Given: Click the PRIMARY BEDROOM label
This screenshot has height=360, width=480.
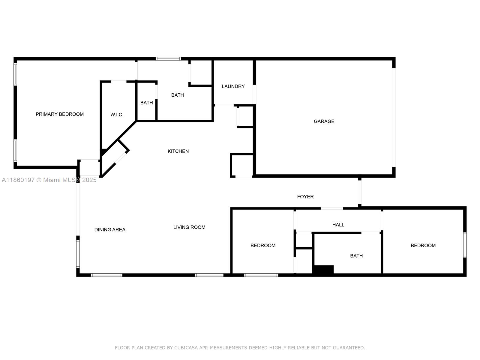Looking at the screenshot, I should point(60,114).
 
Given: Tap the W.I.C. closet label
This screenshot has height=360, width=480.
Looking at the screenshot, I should point(117,115).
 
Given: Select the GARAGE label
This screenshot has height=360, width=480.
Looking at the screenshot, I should point(324,121).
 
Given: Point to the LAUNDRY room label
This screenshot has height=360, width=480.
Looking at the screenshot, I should point(233,86).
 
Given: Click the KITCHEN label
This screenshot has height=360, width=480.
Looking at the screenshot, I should point(178,151).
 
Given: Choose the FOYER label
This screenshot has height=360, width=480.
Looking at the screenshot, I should point(305,197).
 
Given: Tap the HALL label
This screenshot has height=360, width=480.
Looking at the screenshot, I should point(338,225).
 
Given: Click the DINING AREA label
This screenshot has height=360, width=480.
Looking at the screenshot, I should point(110,230).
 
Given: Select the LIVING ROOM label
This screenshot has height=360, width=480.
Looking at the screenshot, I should point(189,227).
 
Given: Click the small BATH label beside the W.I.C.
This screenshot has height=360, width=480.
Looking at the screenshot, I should point(147,103).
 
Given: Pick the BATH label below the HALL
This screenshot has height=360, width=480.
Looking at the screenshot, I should point(356,256).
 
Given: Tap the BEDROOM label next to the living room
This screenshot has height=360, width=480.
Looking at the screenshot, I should point(263,246).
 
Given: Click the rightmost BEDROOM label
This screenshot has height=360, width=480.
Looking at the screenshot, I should point(423,246).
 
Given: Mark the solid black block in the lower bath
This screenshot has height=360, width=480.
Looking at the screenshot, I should point(323,269).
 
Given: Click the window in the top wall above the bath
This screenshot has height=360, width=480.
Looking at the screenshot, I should point(168,59).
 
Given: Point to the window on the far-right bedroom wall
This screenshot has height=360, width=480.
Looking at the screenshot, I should point(465,245).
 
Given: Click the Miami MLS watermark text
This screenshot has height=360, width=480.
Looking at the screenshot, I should point(49,180).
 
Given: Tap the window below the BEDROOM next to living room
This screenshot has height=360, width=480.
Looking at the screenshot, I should point(261,275).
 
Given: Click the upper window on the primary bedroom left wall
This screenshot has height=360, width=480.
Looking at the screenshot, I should point(15,74).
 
